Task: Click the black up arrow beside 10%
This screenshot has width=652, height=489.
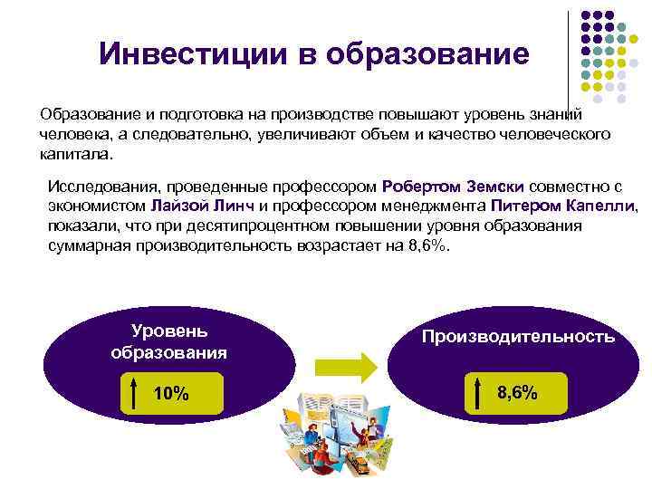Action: [135, 394]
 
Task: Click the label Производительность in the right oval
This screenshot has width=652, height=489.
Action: [518, 337]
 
